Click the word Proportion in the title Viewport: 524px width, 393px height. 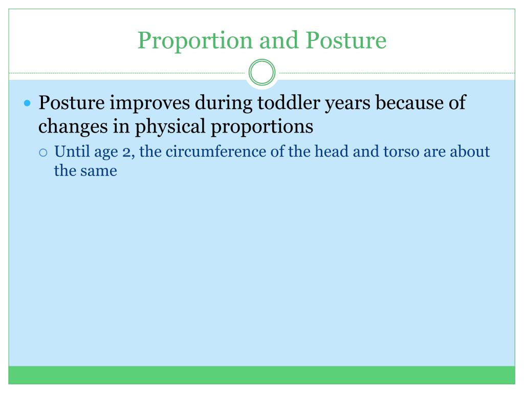pos(195,41)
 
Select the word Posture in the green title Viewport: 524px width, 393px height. pos(346,40)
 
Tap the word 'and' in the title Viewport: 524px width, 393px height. pos(279,40)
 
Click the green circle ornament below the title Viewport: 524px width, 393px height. pos(262,73)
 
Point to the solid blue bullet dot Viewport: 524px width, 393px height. pos(28,103)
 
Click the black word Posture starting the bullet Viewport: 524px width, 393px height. pos(72,102)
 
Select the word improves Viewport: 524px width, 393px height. pos(150,103)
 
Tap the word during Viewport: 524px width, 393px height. pos(224,103)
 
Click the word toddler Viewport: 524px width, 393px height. pos(289,102)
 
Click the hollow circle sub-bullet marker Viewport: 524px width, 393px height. pos(43,152)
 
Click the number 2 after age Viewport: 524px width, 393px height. pos(127,152)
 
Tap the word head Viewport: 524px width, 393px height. pos(332,151)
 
